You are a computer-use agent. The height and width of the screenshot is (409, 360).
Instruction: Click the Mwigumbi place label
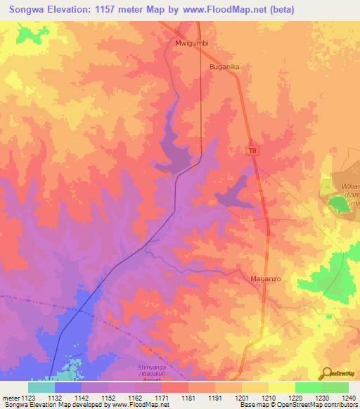[192, 43]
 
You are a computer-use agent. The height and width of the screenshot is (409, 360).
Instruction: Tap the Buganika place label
[225, 67]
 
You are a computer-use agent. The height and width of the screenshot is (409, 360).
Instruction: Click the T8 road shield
[253, 150]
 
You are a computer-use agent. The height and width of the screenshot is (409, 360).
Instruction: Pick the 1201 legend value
[241, 398]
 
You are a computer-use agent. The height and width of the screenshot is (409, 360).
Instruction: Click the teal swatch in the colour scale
[41, 387]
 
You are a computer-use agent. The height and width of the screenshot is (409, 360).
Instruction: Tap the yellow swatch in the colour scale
[281, 387]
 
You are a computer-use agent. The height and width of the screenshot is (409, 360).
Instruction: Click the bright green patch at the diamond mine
[339, 204]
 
